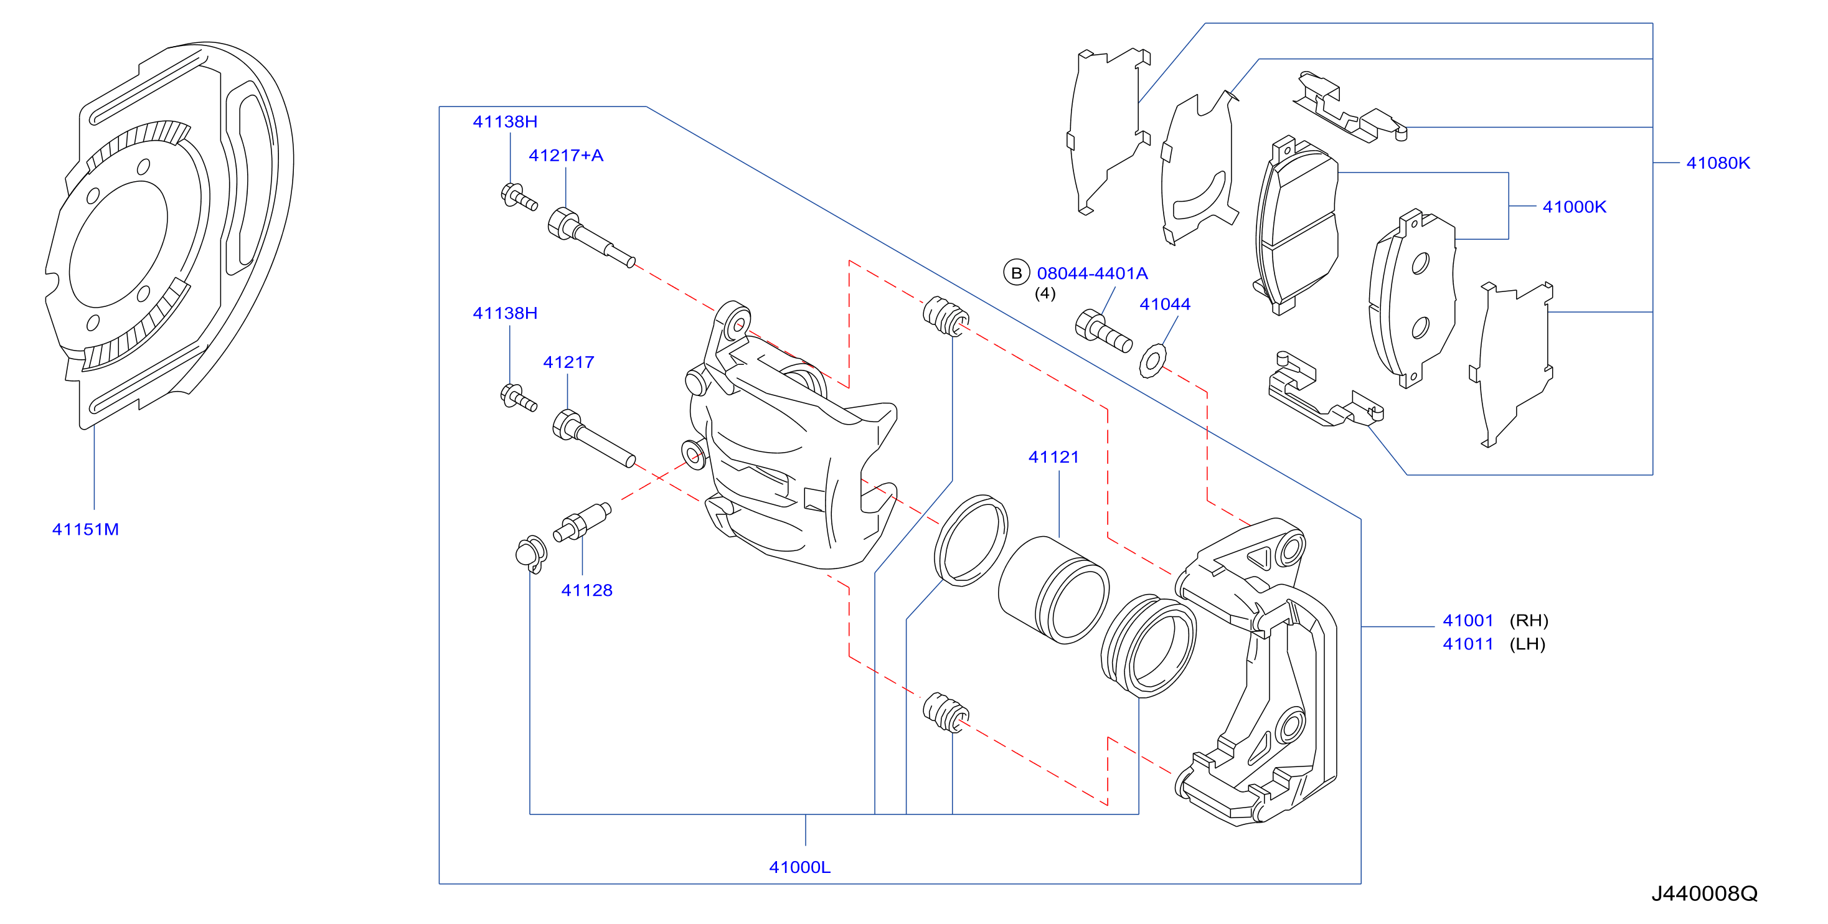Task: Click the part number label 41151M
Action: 85,529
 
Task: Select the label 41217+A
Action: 565,156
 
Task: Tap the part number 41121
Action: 1054,457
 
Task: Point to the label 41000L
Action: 799,867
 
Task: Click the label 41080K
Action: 1718,163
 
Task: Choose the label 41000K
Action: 1574,207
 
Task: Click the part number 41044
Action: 1164,304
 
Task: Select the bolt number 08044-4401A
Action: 1092,273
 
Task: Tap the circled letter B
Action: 1016,273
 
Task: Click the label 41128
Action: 587,590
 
